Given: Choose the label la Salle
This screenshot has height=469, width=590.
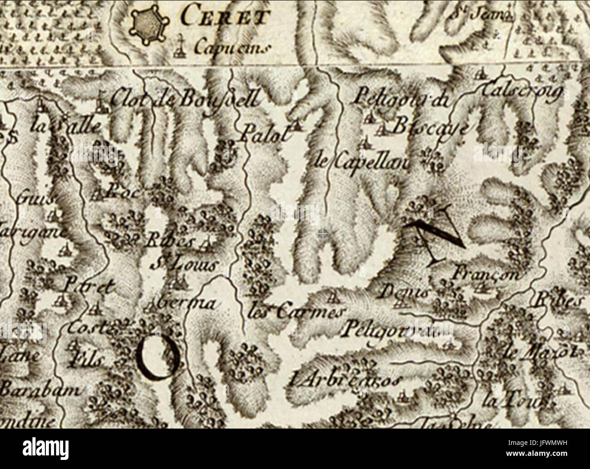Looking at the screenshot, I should point(66,125).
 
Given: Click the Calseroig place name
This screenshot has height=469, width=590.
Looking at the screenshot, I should point(523,92).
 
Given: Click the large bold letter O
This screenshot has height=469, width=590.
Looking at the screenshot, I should point(157,358).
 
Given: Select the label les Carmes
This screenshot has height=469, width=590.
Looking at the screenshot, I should point(297,312).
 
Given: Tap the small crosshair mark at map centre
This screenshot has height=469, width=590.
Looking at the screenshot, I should point(322,234).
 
